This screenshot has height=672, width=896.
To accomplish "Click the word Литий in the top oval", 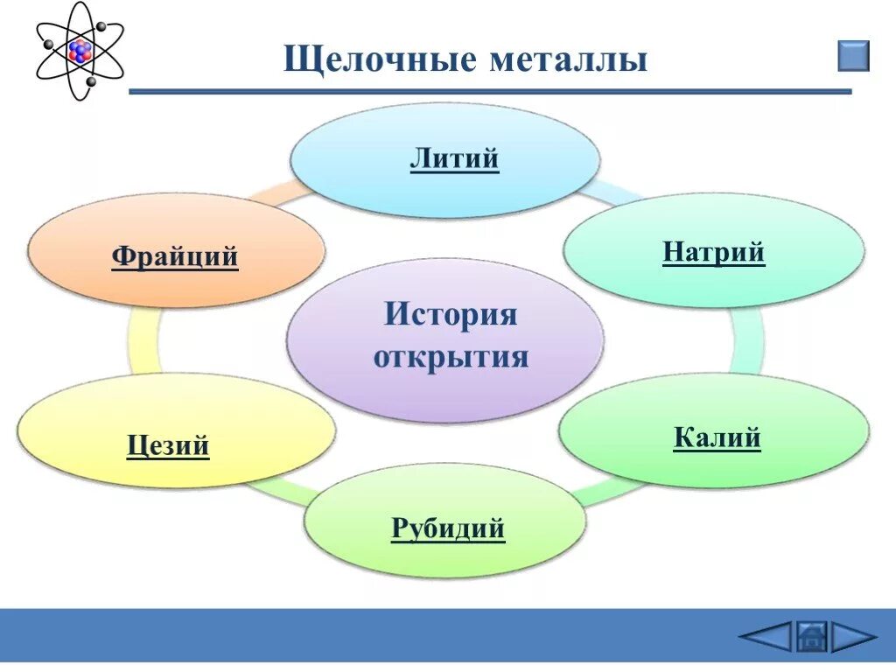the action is pyautogui.click(x=454, y=159).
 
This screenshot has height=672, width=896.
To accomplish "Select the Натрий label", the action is pyautogui.click(x=713, y=253).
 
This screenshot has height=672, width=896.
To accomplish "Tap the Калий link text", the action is pyautogui.click(x=717, y=437).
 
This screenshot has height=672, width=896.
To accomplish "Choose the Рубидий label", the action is pyautogui.click(x=448, y=528).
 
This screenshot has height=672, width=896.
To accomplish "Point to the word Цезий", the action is pyautogui.click(x=168, y=446).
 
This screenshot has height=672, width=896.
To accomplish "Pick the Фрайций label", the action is pyautogui.click(x=175, y=257).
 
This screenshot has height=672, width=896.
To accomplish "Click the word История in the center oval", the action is pyautogui.click(x=451, y=314).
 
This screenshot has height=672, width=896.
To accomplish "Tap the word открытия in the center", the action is pyautogui.click(x=451, y=357).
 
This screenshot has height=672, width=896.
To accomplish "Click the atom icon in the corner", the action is pyautogui.click(x=80, y=52).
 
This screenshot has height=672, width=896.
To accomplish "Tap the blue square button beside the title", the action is pyautogui.click(x=854, y=55).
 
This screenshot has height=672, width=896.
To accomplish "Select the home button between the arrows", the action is pyautogui.click(x=811, y=636).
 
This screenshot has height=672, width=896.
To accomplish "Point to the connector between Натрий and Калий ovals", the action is pyautogui.click(x=745, y=341).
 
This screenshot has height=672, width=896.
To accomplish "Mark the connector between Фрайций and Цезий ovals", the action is pyautogui.click(x=143, y=341).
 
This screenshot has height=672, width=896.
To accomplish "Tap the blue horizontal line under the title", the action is pyautogui.click(x=490, y=91).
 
